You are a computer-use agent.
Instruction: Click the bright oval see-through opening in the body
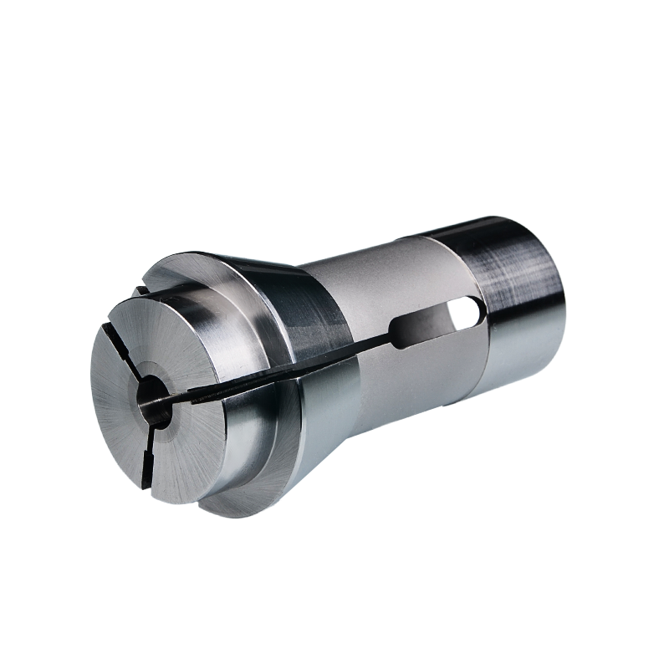[464, 314]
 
